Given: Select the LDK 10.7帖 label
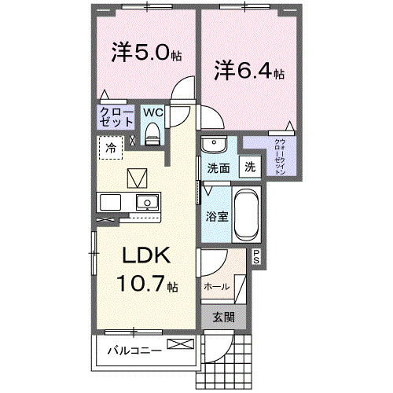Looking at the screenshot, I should point(147,269).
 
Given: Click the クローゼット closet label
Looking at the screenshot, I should point(115,118).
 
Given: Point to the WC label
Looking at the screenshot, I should point(152,112).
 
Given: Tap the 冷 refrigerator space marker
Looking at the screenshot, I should point(111,148).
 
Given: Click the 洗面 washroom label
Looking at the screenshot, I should point(218,168).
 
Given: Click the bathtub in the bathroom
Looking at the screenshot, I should point(245,215).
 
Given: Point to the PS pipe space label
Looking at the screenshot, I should point(256,255).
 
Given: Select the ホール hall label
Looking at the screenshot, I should point(216,287).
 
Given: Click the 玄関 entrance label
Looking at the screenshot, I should point(223,318).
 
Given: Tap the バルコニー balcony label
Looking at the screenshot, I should point(135,351).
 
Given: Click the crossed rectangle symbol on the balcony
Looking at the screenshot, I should point(178,344).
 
